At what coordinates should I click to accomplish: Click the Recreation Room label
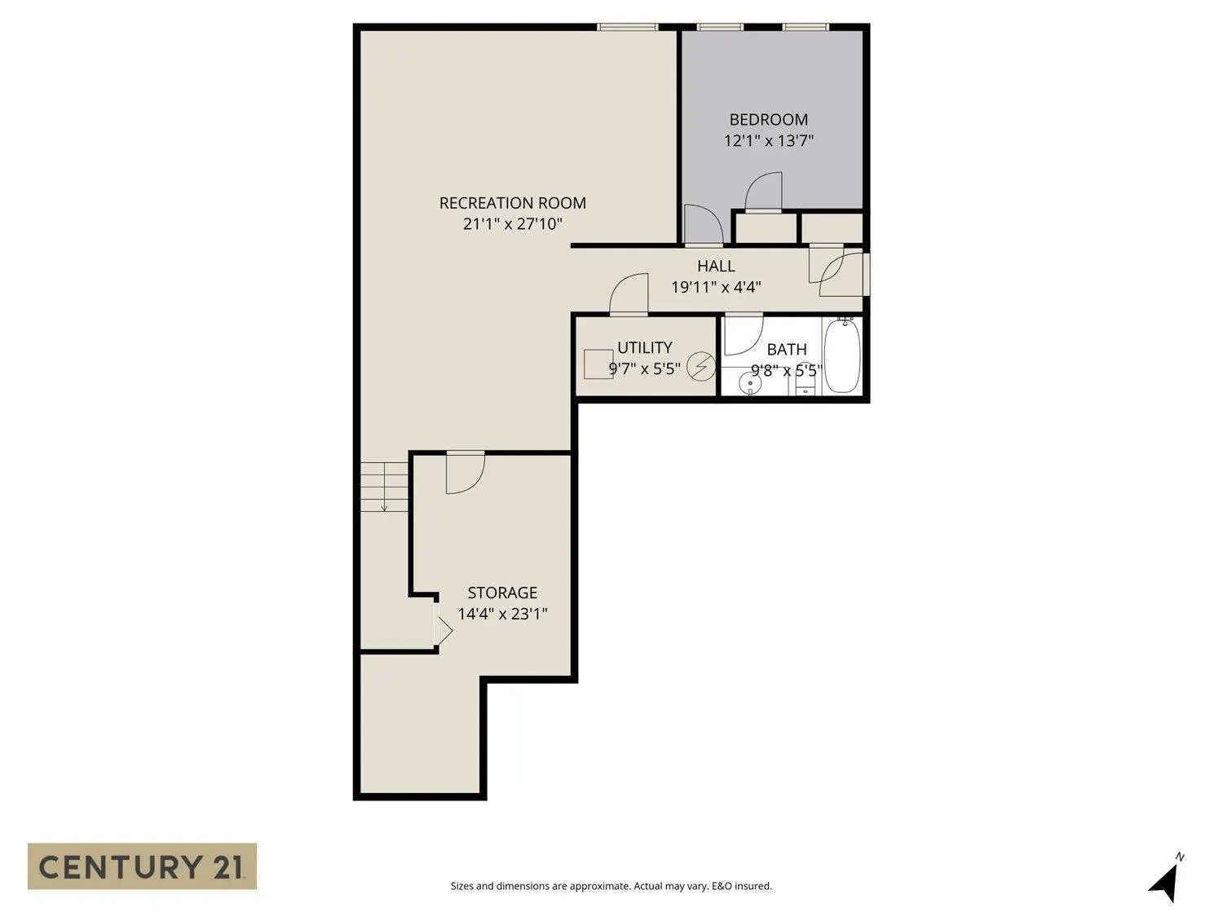512,203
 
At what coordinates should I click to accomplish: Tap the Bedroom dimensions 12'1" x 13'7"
768,141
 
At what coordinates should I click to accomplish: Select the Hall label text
716,266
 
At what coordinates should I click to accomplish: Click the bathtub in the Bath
841,356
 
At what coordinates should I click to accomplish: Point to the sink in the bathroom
749,381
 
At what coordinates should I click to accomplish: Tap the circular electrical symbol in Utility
700,367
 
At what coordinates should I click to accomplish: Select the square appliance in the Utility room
598,364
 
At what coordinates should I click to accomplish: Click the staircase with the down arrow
384,487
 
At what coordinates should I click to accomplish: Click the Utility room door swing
629,294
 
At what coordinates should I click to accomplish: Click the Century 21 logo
142,866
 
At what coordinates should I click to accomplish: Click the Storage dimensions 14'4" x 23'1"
502,614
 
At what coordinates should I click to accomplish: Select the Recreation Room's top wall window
627,27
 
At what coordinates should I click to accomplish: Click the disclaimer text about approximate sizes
611,886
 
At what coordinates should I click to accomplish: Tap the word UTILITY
644,347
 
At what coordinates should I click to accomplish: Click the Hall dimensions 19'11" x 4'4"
716,287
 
